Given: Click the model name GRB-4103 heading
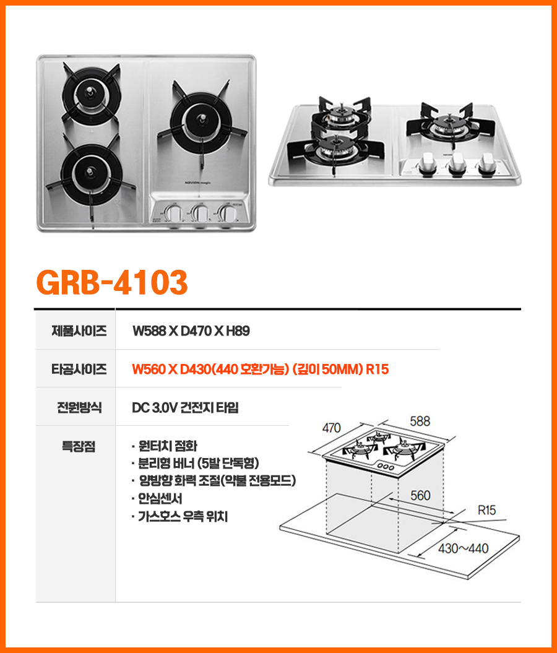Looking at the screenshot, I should [x=112, y=282].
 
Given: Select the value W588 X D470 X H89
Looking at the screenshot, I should [x=191, y=331].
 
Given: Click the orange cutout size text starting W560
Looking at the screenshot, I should [x=261, y=370].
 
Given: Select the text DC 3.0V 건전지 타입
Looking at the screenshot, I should [x=185, y=407].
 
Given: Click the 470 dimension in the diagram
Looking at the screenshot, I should [x=331, y=427].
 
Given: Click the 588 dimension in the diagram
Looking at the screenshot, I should [x=420, y=421].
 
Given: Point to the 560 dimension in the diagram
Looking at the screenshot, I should [x=420, y=496].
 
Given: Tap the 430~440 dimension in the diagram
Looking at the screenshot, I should [x=464, y=548].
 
